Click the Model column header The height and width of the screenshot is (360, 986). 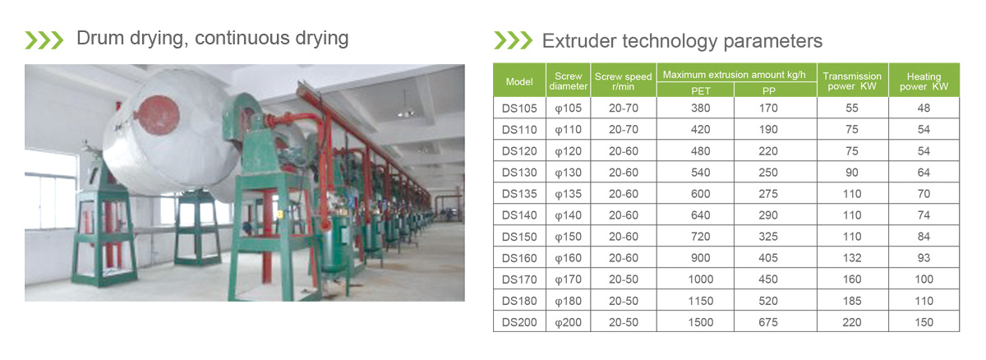(519, 82)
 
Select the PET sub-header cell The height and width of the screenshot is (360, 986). (700, 90)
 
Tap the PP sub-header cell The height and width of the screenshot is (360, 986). (768, 90)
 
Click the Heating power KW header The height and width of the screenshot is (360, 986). (924, 81)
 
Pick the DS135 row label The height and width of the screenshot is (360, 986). (519, 194)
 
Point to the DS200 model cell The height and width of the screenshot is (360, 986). (519, 322)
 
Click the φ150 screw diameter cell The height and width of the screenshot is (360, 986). (569, 237)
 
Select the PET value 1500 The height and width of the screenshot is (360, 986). (700, 322)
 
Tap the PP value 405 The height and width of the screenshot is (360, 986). (768, 258)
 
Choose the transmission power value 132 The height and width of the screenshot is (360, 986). (852, 258)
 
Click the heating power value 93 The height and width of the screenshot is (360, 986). (924, 258)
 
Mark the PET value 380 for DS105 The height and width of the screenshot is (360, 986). (700, 108)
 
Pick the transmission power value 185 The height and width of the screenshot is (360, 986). (852, 301)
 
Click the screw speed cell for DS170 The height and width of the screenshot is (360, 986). (624, 279)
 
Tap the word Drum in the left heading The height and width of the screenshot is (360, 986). (100, 38)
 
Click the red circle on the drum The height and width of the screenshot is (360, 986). (157, 115)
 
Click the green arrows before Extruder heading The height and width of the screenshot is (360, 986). (514, 40)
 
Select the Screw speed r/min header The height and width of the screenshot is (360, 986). (624, 81)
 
